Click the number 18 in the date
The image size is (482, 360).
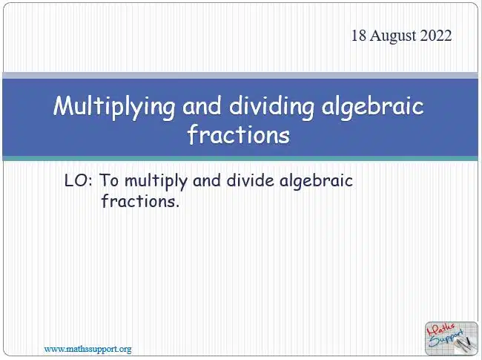(359, 36)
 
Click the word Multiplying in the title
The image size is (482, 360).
(114, 106)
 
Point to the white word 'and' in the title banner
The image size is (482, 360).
(202, 105)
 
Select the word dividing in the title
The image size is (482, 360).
(271, 106)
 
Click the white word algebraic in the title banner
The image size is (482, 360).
(372, 106)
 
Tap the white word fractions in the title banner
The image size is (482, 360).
(239, 134)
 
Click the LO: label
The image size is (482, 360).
(79, 180)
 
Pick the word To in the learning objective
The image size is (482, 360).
(109, 180)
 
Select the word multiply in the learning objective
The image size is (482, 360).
(156, 182)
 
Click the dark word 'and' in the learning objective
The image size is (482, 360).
(207, 180)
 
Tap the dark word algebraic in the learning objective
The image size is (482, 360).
(317, 182)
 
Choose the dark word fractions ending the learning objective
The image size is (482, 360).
(140, 201)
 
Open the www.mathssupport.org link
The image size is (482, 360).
(88, 350)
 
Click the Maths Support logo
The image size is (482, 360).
(452, 338)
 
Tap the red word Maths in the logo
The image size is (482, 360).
(441, 330)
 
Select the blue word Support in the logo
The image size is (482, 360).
(446, 338)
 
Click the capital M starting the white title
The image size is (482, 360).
(63, 105)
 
